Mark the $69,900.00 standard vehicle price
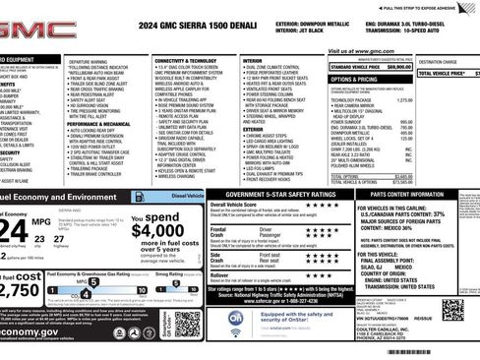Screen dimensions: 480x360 click(x=397, y=66)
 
